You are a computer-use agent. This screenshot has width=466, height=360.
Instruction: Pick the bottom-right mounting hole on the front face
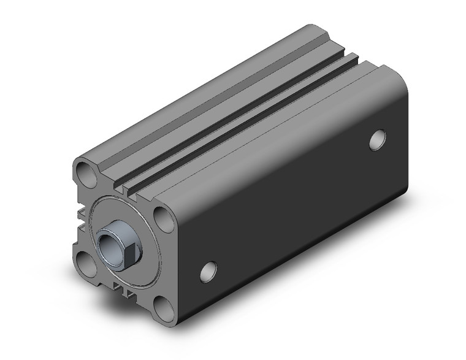pos(161,304)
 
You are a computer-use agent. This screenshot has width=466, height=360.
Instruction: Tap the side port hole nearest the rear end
pos(378,140)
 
